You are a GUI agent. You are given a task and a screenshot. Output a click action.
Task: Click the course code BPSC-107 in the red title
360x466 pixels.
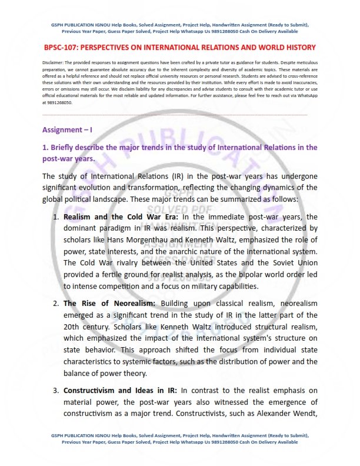tap(64, 47)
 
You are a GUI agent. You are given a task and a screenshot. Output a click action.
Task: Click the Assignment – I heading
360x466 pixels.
tap(66, 129)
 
